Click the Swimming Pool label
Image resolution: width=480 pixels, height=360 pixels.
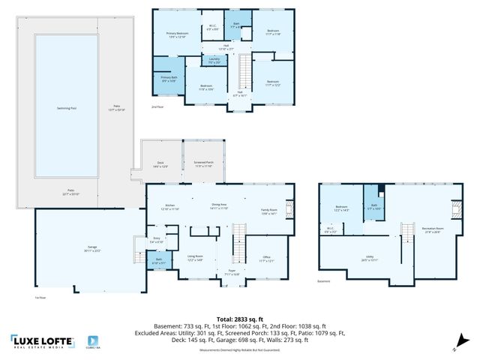[x=67, y=108]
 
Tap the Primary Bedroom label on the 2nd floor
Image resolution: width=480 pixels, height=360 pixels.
[x=177, y=35]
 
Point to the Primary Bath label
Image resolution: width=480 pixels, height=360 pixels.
[x=168, y=79]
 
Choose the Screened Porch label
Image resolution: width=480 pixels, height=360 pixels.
[x=204, y=163]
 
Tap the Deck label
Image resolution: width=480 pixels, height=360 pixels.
[x=160, y=164]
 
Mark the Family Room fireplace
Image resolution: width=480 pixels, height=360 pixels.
[x=292, y=207]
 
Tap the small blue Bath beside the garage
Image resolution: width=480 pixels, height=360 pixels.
[x=159, y=261]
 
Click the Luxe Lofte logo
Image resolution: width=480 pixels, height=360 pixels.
[x=42, y=341]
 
